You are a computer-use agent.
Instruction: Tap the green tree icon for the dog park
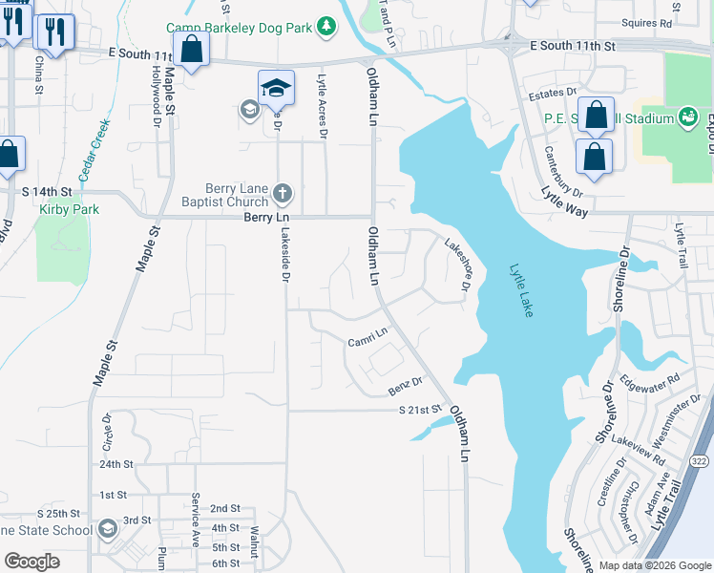point(327,25)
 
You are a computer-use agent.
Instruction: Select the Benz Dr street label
point(405,387)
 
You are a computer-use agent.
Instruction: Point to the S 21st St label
point(421,411)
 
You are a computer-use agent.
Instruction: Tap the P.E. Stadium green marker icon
point(686,117)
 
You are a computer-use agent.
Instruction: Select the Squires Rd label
point(652,23)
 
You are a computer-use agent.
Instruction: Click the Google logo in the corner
point(32,562)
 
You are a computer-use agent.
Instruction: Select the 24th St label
point(115,464)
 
